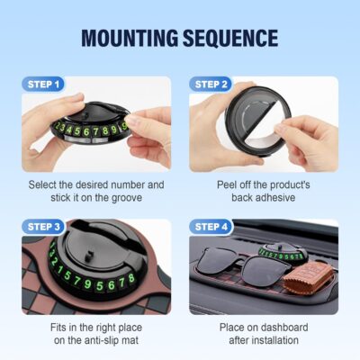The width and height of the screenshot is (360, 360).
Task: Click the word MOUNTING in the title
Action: [131, 38]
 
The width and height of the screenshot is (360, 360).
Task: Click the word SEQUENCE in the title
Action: [229, 38]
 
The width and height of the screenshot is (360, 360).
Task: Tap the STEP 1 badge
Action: [45, 85]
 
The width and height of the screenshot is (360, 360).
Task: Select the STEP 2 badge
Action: [213, 85]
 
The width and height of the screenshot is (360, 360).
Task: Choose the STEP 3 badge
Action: [45, 226]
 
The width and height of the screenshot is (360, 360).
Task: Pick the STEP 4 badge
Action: [213, 226]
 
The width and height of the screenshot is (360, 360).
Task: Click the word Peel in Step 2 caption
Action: [229, 184]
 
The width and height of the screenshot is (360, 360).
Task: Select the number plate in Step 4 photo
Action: [283, 255]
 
